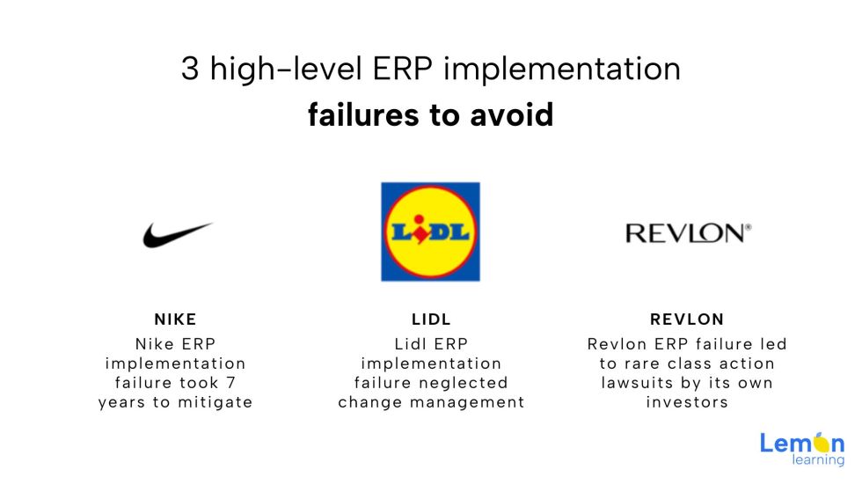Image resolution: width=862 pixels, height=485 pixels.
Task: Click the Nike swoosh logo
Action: click(178, 234)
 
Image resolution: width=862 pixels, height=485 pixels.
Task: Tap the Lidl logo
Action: click(430, 231)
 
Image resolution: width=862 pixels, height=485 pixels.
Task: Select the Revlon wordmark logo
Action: click(688, 232)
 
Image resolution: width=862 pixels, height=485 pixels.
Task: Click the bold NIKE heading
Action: click(176, 320)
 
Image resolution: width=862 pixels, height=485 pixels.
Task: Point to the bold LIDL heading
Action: click(431, 320)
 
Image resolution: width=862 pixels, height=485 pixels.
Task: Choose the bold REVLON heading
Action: click(687, 320)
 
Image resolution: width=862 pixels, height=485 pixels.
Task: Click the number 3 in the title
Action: click(190, 69)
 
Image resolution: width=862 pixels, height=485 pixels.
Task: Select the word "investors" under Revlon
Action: click(687, 402)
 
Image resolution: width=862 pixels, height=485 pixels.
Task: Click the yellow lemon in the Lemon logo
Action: click(816, 443)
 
